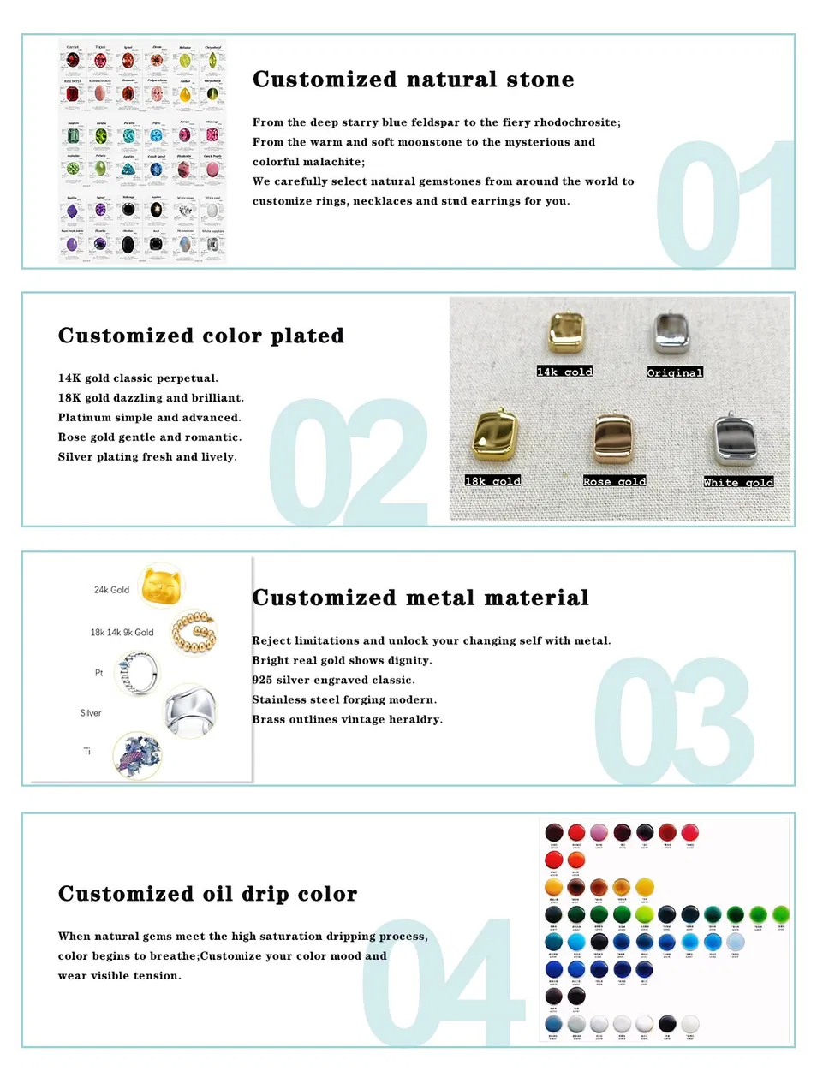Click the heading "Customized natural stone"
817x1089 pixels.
413,80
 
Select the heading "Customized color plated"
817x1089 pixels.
201,336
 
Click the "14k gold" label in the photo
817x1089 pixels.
564,372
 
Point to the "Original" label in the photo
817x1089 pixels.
675,372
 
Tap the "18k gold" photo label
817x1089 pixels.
492,481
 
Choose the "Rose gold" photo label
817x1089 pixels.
614,482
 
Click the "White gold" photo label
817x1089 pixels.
738,483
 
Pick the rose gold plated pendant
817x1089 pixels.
613,439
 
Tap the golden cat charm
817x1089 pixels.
163,586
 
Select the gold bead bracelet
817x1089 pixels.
194,633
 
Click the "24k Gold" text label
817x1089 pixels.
111,590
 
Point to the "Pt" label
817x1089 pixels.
98,673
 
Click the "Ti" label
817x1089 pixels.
86,752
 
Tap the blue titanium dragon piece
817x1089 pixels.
137,755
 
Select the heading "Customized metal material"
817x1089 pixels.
420,598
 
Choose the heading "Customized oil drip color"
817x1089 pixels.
207,894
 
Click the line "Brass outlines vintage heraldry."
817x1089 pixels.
347,719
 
